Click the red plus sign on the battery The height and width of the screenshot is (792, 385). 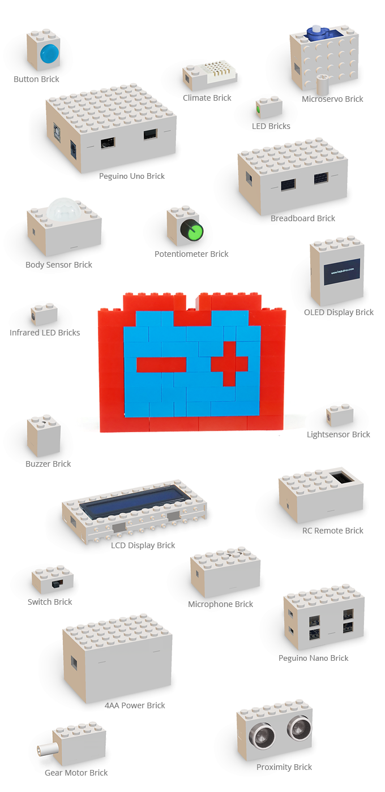coord(230,364)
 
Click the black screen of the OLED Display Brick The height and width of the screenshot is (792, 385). coord(342,272)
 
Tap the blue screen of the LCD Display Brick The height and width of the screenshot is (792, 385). coord(135,502)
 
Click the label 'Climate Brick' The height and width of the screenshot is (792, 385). coord(207,98)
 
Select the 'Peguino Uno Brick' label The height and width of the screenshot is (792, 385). coord(131,176)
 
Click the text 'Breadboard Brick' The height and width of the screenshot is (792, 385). coord(302,218)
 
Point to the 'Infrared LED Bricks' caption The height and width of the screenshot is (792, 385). coord(45,333)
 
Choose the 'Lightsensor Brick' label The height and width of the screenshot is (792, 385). coord(338,434)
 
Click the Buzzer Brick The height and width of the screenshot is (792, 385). coord(44,437)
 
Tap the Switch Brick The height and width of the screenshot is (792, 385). coord(53,579)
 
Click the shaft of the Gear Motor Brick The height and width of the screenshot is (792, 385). coord(44,751)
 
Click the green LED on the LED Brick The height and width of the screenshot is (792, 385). coord(258,109)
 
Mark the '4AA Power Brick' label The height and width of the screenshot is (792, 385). coord(135,705)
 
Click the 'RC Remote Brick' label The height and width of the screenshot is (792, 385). coord(332,531)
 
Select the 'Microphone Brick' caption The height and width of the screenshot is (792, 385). coord(220,604)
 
